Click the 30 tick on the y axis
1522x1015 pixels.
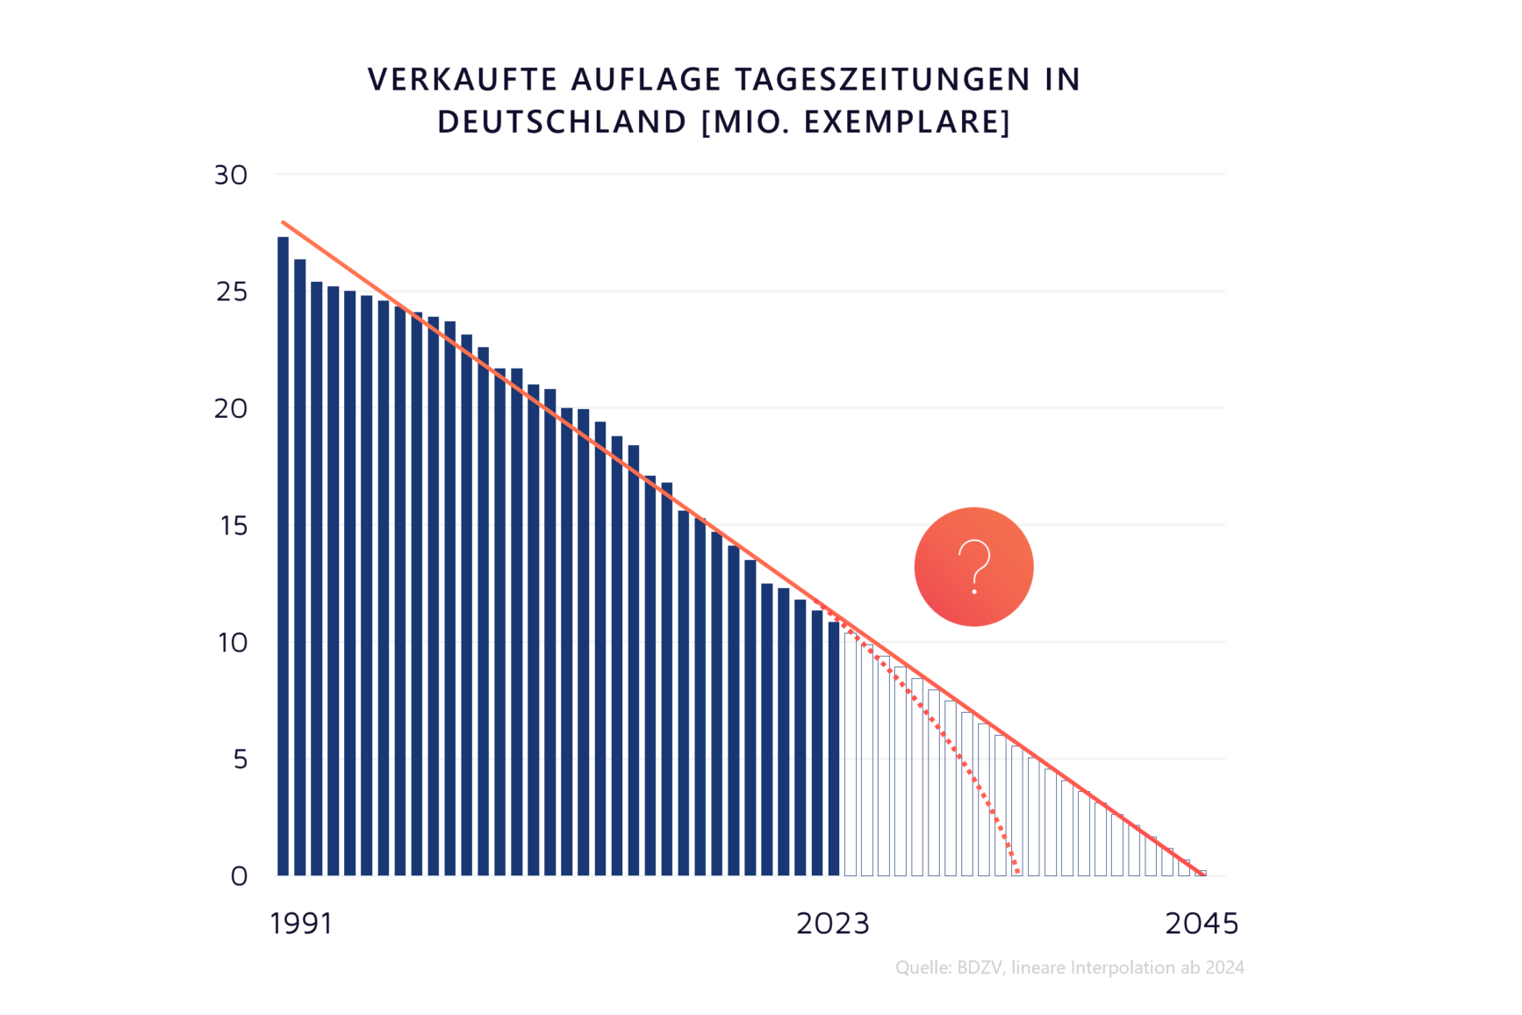(231, 175)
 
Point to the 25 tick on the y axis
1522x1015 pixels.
(232, 292)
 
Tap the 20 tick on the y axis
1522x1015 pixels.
(231, 408)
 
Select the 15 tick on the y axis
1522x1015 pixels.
(233, 525)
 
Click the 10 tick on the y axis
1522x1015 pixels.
(233, 643)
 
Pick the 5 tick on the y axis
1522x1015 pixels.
(240, 759)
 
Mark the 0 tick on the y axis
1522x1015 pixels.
(239, 876)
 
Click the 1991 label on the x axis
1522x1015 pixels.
(301, 924)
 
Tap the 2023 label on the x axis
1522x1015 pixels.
(832, 924)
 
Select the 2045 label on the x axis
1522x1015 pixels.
(1202, 924)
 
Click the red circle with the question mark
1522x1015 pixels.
(973, 566)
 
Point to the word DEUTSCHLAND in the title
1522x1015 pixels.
(562, 122)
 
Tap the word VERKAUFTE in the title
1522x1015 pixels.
(462, 79)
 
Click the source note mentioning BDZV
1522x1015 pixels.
(1069, 968)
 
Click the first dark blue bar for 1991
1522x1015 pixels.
(283, 556)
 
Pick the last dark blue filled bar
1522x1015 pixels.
(834, 748)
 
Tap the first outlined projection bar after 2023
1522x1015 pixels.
(850, 755)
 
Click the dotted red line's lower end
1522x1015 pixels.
(1017, 872)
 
